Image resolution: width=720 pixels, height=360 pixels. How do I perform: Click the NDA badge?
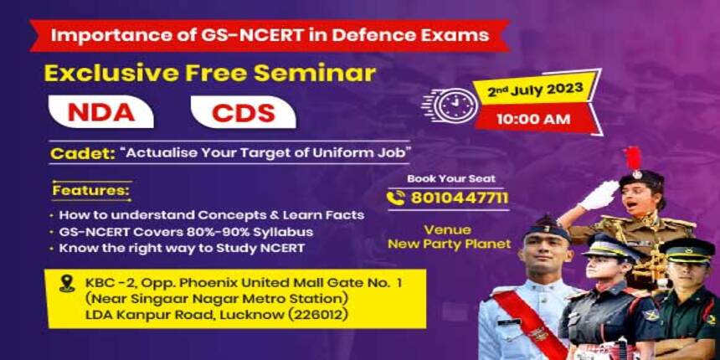point(101,111)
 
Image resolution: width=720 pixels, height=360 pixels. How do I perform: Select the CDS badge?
point(243,111)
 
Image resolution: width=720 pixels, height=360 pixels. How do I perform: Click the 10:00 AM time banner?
point(533,119)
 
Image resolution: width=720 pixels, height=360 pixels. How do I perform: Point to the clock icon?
point(453,105)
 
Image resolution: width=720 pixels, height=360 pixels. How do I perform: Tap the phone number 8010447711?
point(459,198)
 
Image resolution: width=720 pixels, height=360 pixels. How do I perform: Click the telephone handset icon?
point(396,198)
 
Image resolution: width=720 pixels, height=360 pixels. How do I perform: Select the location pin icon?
point(67,285)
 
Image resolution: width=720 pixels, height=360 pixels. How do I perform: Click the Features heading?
point(91,191)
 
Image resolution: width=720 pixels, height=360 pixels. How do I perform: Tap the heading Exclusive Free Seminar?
point(209,72)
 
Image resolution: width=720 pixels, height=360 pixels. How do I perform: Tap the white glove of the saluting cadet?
point(598,195)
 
